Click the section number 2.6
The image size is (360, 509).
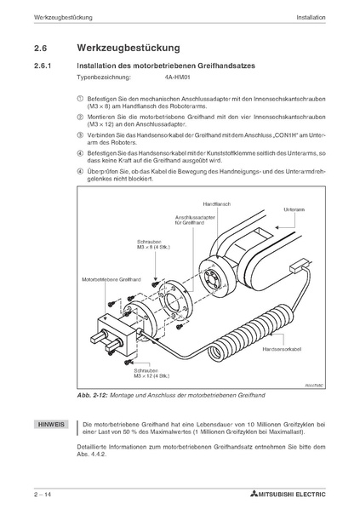pyautogui.click(x=40, y=49)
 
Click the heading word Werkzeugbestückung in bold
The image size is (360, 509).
pyautogui.click(x=129, y=48)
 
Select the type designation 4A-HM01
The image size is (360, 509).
pyautogui.click(x=177, y=77)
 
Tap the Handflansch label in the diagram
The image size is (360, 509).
pyautogui.click(x=216, y=204)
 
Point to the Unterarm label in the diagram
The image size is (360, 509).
pyautogui.click(x=294, y=209)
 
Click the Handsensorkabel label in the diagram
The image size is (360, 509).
pyautogui.click(x=282, y=349)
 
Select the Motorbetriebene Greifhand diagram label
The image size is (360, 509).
pyautogui.click(x=111, y=279)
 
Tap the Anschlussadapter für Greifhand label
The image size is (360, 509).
pyautogui.click(x=195, y=220)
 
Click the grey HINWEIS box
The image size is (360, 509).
pyautogui.click(x=51, y=424)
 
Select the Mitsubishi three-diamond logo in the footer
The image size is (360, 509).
pyautogui.click(x=254, y=495)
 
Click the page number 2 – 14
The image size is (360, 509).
pyautogui.click(x=43, y=495)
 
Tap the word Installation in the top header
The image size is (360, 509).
pyautogui.click(x=311, y=18)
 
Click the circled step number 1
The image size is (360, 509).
pyautogui.click(x=80, y=99)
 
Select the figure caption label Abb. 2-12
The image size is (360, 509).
pyautogui.click(x=93, y=396)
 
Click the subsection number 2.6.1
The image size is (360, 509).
pyautogui.click(x=43, y=66)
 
